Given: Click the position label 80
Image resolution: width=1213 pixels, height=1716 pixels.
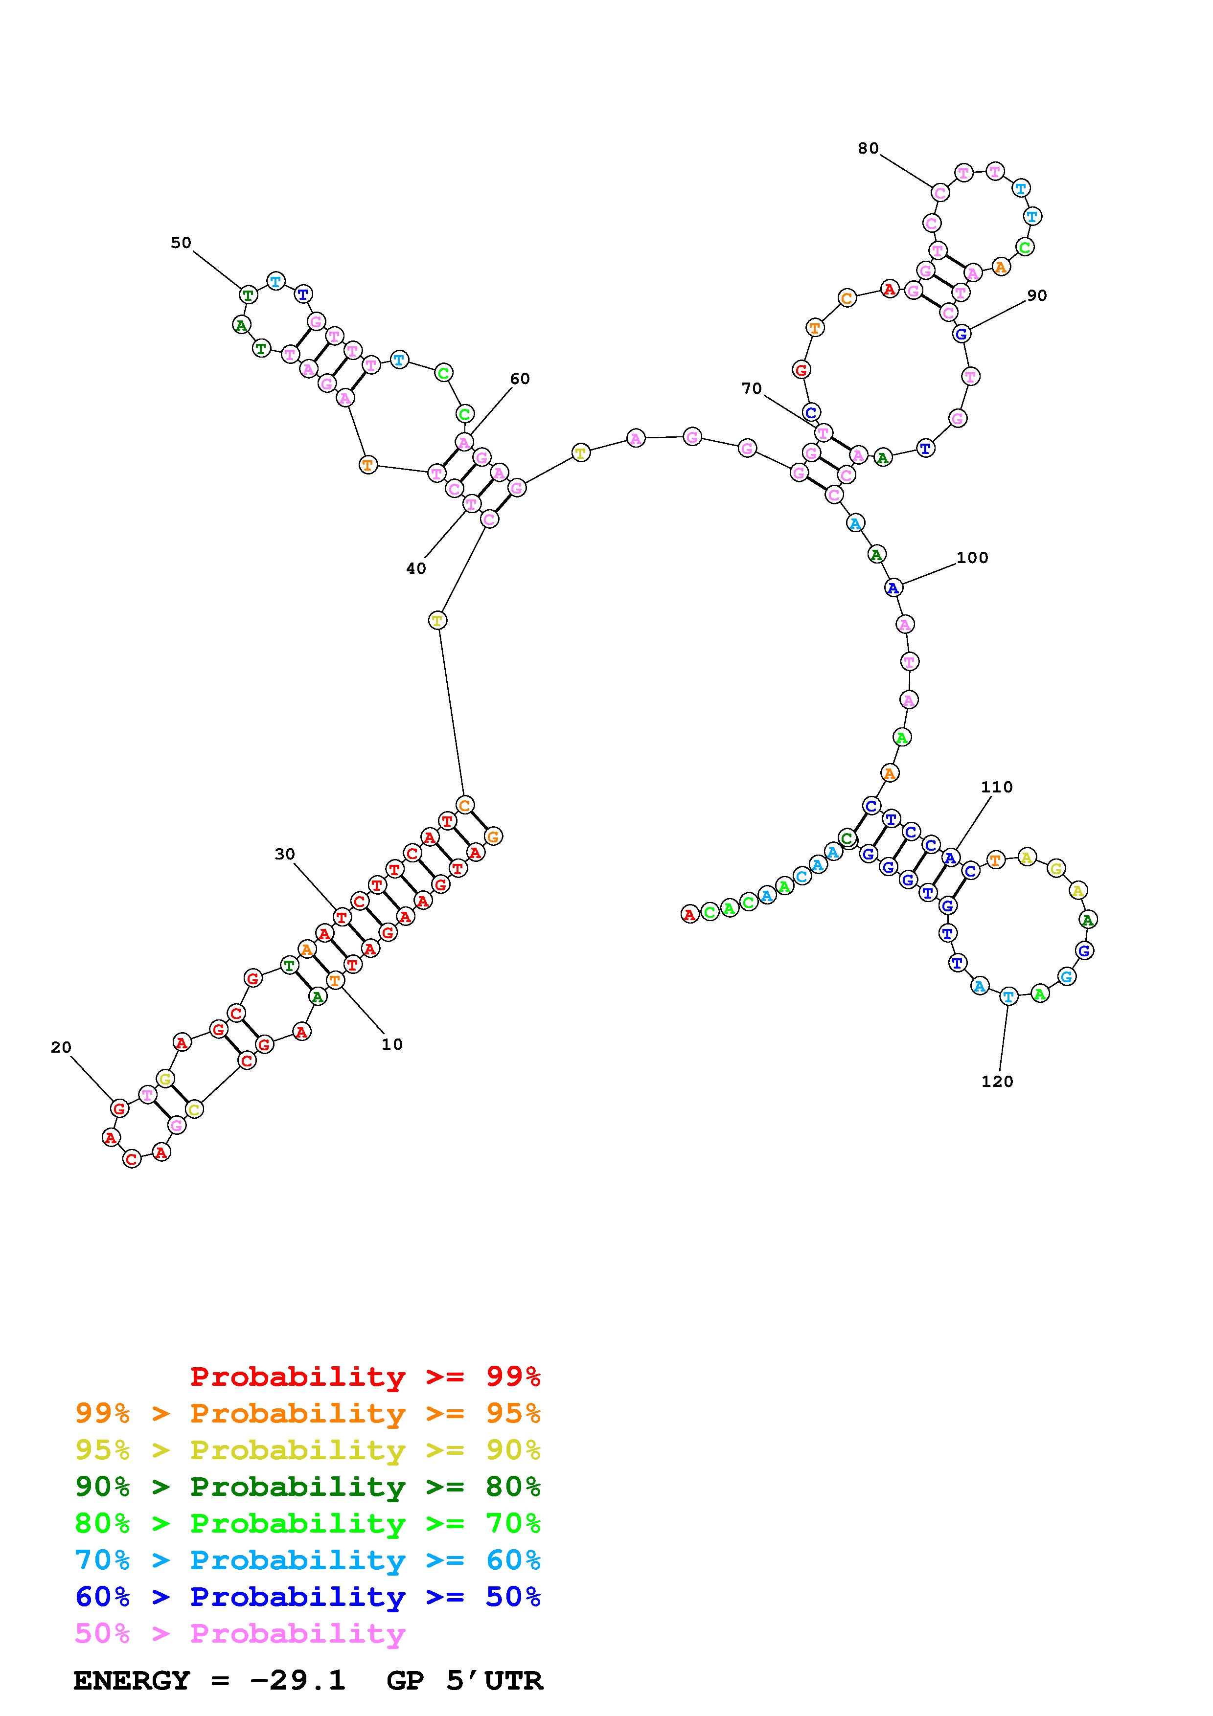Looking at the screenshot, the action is (868, 149).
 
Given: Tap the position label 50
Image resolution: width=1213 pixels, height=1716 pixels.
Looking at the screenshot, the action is (181, 243).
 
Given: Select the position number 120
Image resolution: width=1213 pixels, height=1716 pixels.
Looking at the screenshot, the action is (997, 1082).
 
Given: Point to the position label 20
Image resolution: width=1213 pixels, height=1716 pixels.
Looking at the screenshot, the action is (61, 1048).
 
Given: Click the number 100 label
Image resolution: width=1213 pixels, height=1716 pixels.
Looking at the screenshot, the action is (972, 558).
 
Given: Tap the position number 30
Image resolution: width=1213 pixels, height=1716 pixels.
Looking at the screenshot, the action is (285, 854).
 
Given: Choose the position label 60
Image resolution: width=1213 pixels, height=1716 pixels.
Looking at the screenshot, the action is (520, 379).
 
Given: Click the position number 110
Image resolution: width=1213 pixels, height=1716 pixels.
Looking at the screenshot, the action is (997, 787).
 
